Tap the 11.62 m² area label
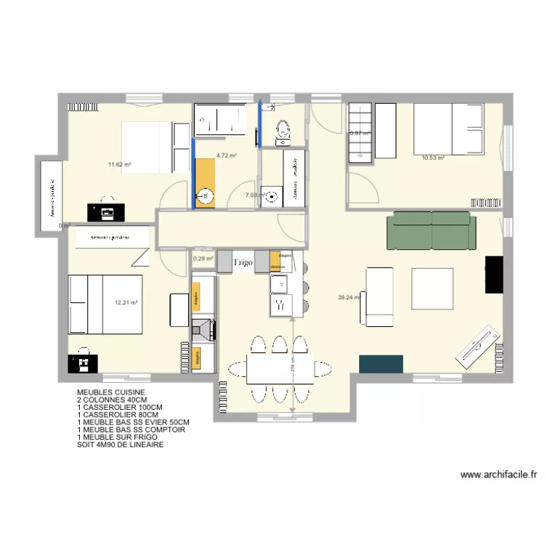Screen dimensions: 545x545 click(120, 165)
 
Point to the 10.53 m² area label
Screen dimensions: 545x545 click(433, 156)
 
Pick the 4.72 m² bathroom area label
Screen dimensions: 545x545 click(227, 156)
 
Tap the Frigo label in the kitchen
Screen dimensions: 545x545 click(243, 262)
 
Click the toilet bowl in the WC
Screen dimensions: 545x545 click(283, 130)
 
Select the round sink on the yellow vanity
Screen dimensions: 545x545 click(206, 195)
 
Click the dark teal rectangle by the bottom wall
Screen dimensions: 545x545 click(381, 364)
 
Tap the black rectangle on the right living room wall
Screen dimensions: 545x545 click(494, 274)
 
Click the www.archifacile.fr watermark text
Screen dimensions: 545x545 click(498, 475)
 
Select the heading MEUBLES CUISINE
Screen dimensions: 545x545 click(105, 392)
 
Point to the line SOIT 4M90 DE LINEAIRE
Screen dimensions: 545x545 click(121, 444)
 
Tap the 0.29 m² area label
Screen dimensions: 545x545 click(203, 258)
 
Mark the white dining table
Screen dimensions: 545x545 click(280, 369)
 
